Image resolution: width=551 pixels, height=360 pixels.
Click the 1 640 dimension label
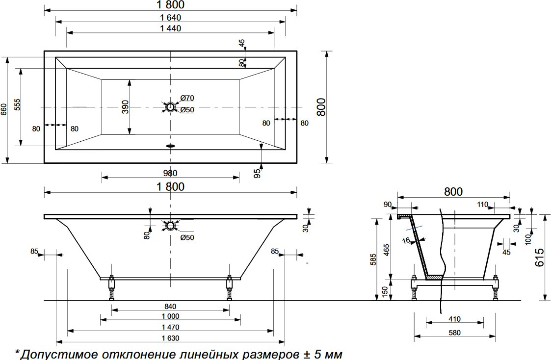click(x=170, y=17)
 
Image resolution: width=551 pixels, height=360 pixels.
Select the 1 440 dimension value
click(x=170, y=28)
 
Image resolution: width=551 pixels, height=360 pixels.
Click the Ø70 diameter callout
click(x=187, y=98)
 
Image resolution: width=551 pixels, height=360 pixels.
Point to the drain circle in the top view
click(x=170, y=106)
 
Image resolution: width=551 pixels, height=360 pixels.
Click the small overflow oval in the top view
click(x=170, y=145)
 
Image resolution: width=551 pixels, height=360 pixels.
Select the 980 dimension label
click(x=170, y=173)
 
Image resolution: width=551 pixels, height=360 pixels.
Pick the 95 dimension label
click(x=257, y=173)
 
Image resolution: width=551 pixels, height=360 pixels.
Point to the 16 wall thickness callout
click(x=405, y=240)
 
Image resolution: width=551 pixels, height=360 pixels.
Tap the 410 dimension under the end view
click(x=454, y=319)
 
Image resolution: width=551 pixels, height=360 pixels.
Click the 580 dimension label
click(x=454, y=333)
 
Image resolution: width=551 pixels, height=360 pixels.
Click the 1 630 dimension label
click(x=170, y=338)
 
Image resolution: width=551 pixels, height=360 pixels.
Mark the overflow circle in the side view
click(x=170, y=226)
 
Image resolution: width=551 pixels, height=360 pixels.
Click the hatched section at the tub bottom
click(x=434, y=278)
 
